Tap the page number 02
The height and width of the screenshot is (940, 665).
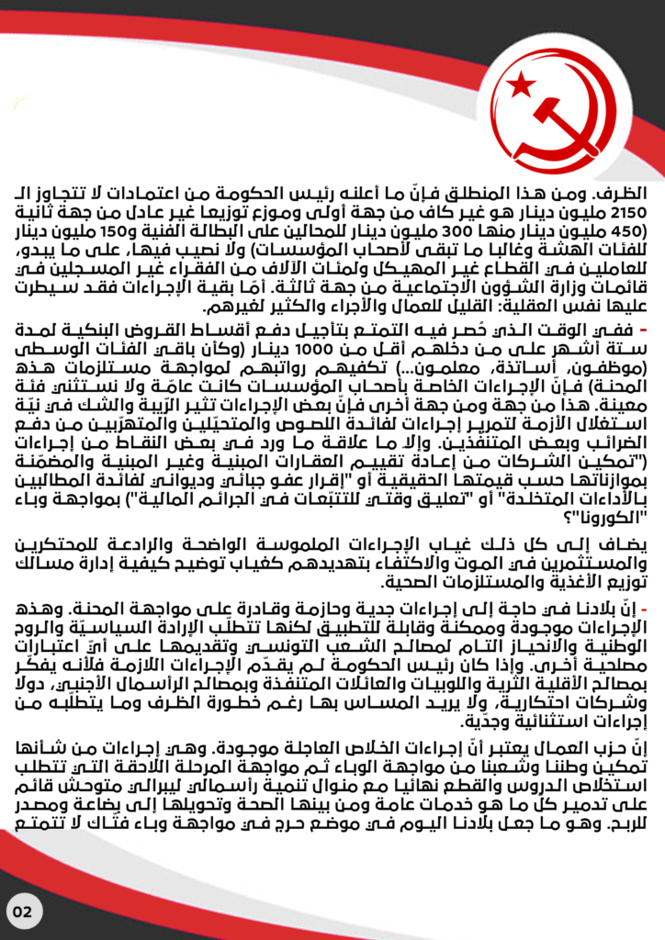[23, 912]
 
